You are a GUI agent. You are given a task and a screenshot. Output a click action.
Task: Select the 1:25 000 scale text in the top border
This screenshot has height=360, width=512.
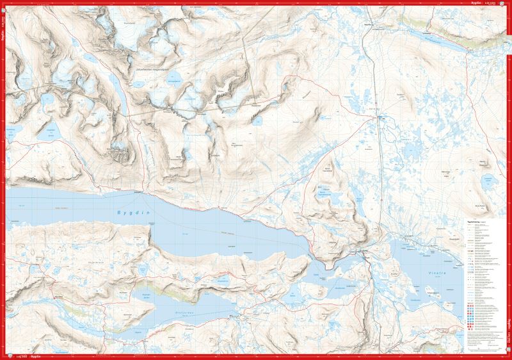tap(491, 3)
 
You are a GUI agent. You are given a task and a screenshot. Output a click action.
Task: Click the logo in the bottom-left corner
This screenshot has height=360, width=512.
tap(4, 356)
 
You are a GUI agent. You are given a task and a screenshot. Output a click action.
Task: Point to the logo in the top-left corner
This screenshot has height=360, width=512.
tap(4, 4)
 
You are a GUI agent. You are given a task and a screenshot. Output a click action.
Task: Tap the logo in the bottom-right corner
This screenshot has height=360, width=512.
tap(508, 356)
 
